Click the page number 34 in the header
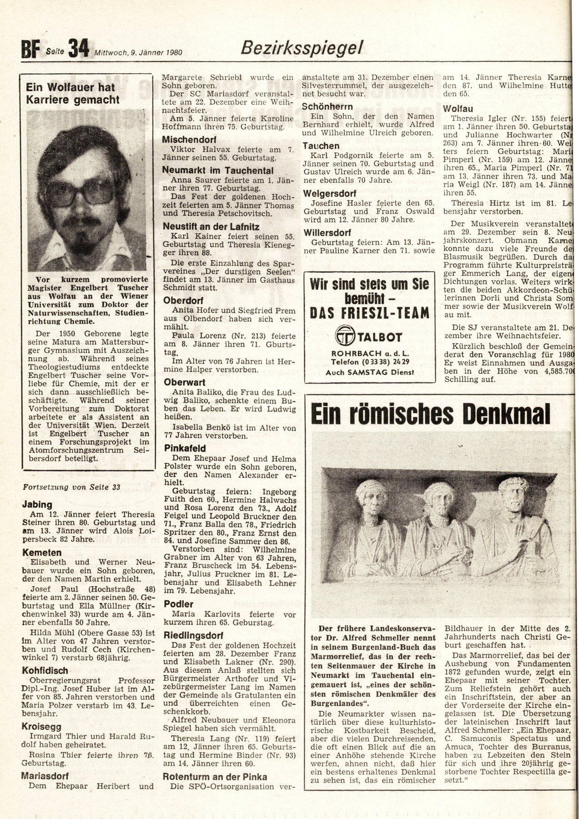[79, 49]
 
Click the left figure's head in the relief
[371, 496]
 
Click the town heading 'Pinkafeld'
[185, 449]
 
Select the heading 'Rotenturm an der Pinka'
[215, 777]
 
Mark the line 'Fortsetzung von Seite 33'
[71, 487]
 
